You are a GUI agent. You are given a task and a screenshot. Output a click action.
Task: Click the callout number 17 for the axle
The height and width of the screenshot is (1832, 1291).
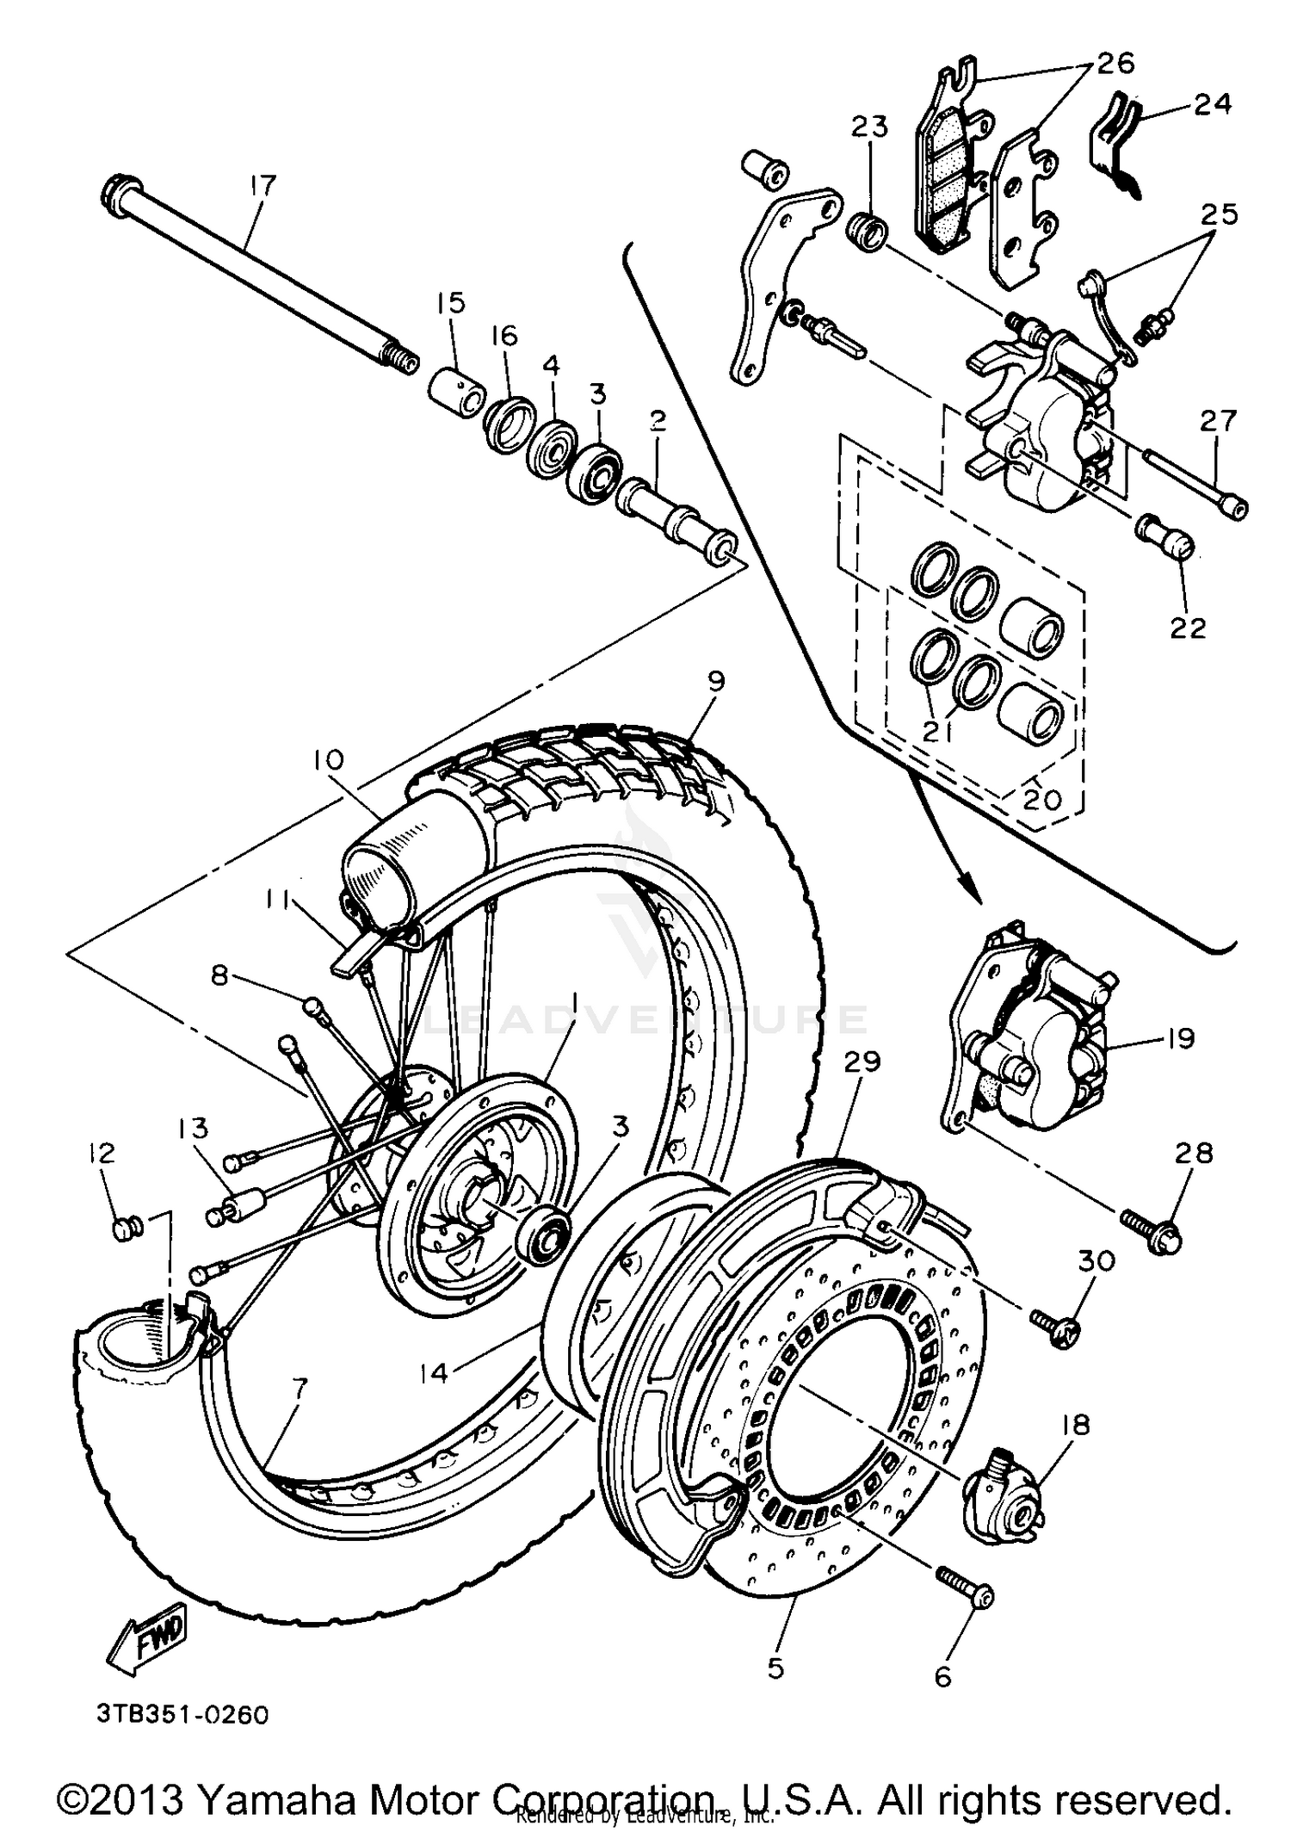[x=263, y=185]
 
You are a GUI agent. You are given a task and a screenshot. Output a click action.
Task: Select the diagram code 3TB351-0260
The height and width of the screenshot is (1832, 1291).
[x=182, y=1715]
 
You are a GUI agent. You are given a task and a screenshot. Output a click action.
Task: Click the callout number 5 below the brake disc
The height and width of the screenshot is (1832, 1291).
[x=775, y=1668]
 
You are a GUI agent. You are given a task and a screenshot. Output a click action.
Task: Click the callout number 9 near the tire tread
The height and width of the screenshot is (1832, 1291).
[x=716, y=681]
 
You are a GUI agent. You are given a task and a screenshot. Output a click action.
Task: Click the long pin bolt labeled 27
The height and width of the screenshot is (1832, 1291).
[x=1196, y=481]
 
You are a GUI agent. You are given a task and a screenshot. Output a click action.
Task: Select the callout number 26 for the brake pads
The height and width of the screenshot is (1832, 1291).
[x=1115, y=63]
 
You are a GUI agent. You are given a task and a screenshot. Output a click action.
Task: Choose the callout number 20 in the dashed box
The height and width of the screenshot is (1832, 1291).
[x=1042, y=800]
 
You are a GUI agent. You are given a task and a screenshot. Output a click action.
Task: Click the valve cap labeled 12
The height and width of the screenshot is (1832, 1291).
[x=126, y=1229]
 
